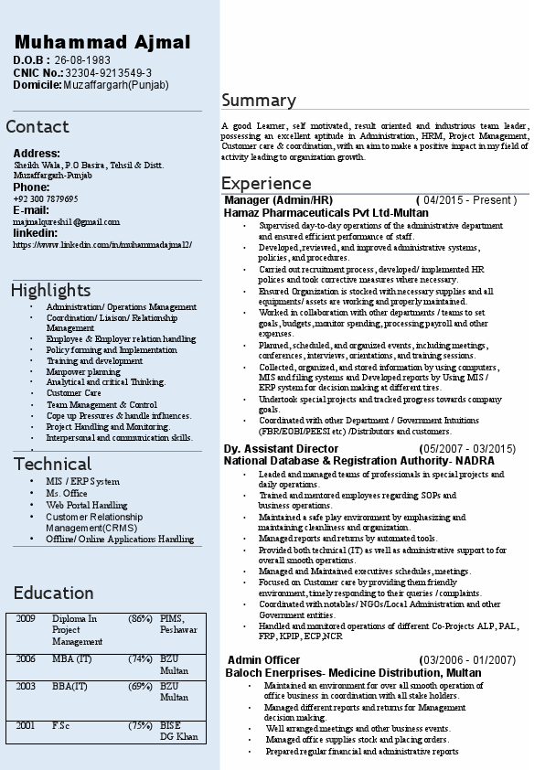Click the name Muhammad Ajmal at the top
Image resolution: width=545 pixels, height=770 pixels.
102,42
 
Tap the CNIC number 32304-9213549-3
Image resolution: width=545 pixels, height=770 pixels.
109,72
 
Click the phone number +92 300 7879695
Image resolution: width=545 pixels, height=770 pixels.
46,198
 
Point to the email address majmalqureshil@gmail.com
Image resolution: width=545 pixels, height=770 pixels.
67,221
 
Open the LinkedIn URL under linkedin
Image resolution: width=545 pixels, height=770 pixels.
102,244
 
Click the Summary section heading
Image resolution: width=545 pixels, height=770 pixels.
259,101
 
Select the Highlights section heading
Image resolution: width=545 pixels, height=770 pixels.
51,291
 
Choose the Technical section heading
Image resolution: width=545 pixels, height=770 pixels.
52,464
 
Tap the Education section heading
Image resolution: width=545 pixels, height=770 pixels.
53,593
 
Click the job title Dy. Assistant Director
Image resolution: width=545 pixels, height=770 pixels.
281,449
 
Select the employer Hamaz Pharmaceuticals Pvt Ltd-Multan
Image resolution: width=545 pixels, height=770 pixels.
326,212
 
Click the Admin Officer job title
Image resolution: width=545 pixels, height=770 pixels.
263,659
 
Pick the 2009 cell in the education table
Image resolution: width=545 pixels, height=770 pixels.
26,619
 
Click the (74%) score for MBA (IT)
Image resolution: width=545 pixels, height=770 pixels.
140,658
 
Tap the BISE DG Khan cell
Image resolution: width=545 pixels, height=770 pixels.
178,731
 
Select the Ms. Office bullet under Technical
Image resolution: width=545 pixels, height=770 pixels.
67,493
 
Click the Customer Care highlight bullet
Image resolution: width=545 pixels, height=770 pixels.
74,393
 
